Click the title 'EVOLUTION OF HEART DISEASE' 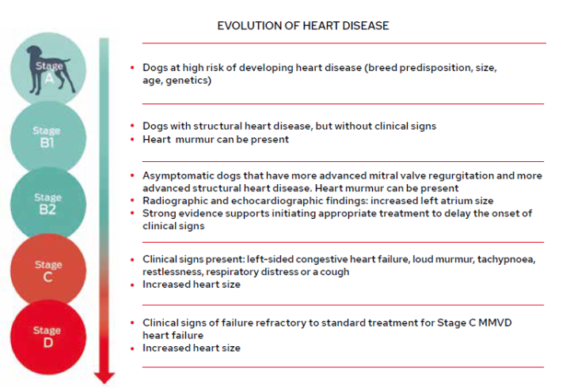tap(303, 26)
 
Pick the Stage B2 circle tap(47, 204)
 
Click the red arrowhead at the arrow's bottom tap(104, 376)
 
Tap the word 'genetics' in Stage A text tap(188, 80)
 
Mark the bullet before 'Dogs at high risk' tap(132, 68)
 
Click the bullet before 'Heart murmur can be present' tap(132, 139)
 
